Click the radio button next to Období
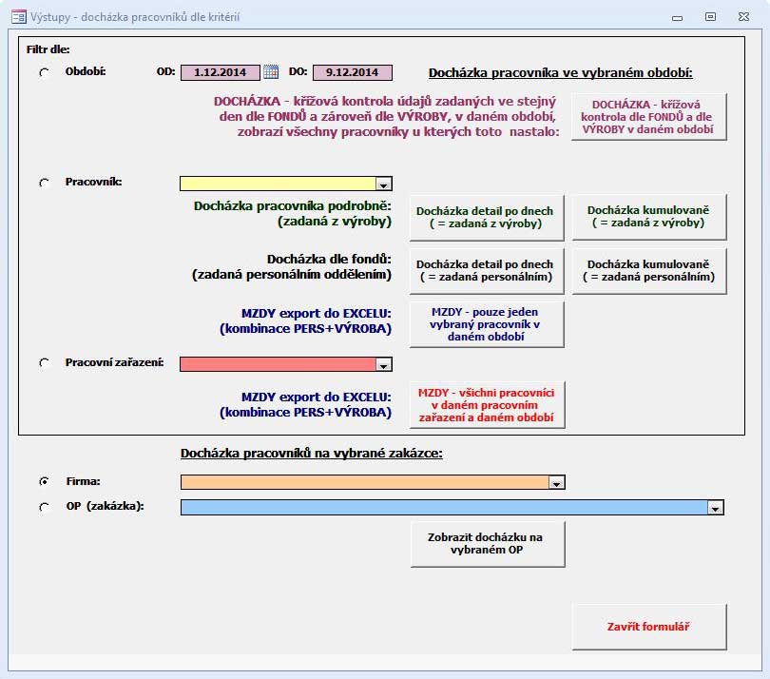click(x=44, y=72)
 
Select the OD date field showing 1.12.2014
click(x=220, y=72)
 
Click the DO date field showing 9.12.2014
click(x=352, y=72)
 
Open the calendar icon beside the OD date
click(x=271, y=71)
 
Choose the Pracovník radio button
click(x=44, y=183)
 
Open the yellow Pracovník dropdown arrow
click(x=383, y=184)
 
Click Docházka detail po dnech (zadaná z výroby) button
click(x=486, y=218)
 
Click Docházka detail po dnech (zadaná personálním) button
click(x=486, y=271)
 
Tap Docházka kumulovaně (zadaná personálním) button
click(x=648, y=271)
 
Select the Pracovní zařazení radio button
click(x=44, y=363)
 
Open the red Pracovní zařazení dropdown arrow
click(x=383, y=364)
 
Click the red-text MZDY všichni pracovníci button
click(x=486, y=405)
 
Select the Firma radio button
click(x=44, y=481)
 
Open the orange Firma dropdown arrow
click(x=556, y=482)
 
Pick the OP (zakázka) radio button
click(x=44, y=507)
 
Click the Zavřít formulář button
click(x=648, y=627)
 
